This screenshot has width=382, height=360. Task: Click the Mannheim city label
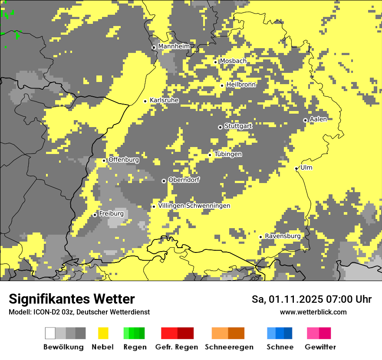click(x=174, y=46)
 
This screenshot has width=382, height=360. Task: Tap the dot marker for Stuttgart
click(x=220, y=127)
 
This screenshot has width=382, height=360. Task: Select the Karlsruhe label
click(x=164, y=100)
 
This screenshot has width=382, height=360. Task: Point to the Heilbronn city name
click(x=241, y=85)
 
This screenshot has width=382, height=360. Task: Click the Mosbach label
click(x=233, y=61)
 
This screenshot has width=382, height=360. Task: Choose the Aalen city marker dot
click(x=305, y=120)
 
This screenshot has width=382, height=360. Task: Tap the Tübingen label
click(x=228, y=154)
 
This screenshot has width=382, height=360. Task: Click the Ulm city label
click(x=306, y=167)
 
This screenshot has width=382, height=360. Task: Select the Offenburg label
click(x=124, y=160)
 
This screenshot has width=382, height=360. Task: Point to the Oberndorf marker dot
click(x=164, y=181)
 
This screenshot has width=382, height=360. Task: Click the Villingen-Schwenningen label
click(x=194, y=206)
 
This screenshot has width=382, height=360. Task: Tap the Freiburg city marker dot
click(x=95, y=215)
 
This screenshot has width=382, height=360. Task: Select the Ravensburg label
click(x=283, y=236)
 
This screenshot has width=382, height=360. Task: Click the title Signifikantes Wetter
click(x=72, y=299)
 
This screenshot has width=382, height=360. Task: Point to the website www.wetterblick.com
click(x=313, y=312)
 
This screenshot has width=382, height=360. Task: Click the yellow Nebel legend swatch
click(x=103, y=333)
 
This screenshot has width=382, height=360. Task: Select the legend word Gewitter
click(x=320, y=347)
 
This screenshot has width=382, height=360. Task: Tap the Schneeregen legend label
click(x=229, y=347)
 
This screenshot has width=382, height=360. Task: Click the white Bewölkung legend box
click(x=50, y=333)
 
